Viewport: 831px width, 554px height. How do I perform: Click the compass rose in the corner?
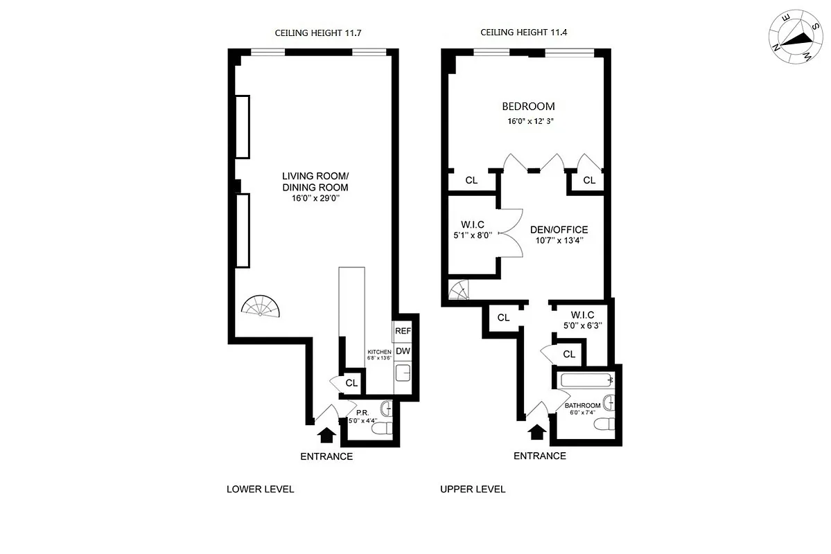click(794, 39)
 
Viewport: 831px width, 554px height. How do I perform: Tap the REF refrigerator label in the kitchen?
click(403, 331)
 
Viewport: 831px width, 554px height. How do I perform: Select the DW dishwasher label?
click(403, 352)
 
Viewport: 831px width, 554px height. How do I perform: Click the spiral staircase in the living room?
click(261, 306)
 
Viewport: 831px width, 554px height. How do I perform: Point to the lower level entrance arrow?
click(326, 434)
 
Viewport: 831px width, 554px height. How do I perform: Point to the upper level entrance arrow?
click(536, 433)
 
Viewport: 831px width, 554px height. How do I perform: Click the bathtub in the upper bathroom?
click(586, 379)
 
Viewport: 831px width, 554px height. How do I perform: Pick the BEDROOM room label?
click(528, 107)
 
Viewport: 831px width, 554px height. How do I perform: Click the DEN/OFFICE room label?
click(559, 230)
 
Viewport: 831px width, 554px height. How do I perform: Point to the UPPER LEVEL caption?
click(473, 489)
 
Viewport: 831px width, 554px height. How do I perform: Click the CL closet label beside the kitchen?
click(351, 382)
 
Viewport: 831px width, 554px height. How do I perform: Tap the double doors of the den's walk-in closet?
click(511, 233)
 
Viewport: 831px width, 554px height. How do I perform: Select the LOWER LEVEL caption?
click(261, 489)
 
